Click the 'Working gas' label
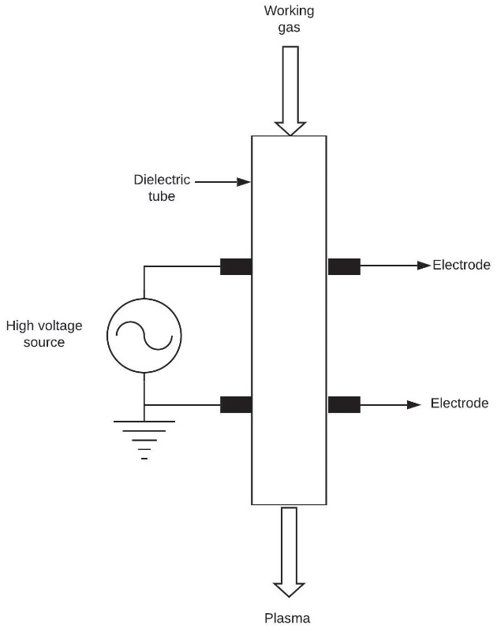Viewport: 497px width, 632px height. coord(290,19)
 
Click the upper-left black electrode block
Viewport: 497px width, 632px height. coord(235,266)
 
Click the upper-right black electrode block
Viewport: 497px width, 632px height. coord(344,266)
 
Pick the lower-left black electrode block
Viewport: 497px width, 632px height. coord(235,405)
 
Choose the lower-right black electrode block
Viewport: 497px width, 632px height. coord(344,405)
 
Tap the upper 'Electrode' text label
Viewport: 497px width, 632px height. coord(461,265)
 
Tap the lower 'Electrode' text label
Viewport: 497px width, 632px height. coord(460,404)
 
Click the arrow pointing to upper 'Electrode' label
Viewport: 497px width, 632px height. coord(395,266)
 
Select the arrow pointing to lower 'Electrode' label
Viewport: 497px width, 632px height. coord(390,405)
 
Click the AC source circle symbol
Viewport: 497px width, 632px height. coord(144,336)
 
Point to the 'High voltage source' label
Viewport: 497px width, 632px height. coord(44,333)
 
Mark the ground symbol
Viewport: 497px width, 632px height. coord(144,438)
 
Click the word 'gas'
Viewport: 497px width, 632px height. coord(290,28)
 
